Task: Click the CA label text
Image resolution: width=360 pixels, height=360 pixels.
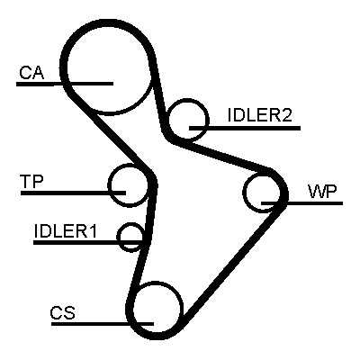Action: tap(31, 73)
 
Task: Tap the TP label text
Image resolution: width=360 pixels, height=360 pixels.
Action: tap(31, 182)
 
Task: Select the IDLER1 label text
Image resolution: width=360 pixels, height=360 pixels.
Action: tap(66, 231)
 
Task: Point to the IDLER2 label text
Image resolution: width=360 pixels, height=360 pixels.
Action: tap(260, 115)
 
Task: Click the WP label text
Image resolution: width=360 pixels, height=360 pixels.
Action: tap(323, 192)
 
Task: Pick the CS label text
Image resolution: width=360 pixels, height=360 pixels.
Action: tap(63, 313)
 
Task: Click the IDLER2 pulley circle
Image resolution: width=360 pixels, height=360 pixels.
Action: tap(208, 120)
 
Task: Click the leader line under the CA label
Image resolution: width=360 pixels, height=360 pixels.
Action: tap(65, 84)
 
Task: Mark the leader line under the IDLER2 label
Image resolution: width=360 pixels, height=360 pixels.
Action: tap(245, 128)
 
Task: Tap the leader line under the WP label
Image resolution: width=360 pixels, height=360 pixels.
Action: tap(301, 203)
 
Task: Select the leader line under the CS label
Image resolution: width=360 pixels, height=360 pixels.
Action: tap(103, 324)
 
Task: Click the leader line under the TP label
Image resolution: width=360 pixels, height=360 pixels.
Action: tap(73, 193)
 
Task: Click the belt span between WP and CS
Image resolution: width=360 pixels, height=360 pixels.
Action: tap(231, 261)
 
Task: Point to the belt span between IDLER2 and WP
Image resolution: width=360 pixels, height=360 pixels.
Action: tap(222, 156)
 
